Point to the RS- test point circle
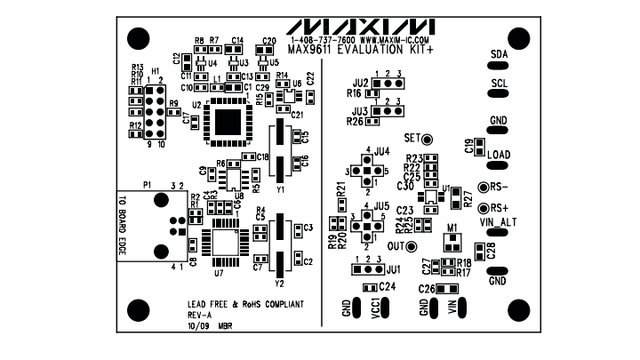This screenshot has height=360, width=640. pos(483,188)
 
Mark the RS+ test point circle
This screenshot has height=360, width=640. pos(483,208)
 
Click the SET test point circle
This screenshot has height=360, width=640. pos(426,140)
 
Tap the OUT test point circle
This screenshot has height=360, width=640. pos(426,245)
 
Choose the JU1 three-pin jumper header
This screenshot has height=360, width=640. pos(367,268)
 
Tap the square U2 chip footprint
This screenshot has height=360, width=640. pos(228,121)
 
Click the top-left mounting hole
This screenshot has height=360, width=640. pos(136,38)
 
